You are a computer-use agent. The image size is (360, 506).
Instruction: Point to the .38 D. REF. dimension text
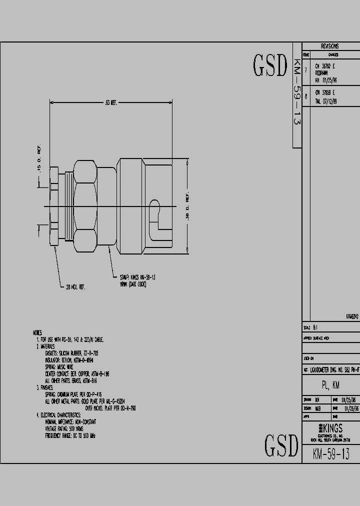187,207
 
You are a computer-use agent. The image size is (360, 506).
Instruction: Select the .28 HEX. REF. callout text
75,287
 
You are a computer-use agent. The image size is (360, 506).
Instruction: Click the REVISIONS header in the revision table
330,46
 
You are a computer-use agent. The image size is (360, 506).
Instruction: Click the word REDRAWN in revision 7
323,72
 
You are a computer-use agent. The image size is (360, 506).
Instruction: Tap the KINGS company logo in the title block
330,428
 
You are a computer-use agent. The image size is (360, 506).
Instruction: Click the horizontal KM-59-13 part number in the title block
330,454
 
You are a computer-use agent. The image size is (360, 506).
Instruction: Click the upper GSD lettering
270,66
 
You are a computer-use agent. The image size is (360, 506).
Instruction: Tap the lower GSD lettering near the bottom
281,445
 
